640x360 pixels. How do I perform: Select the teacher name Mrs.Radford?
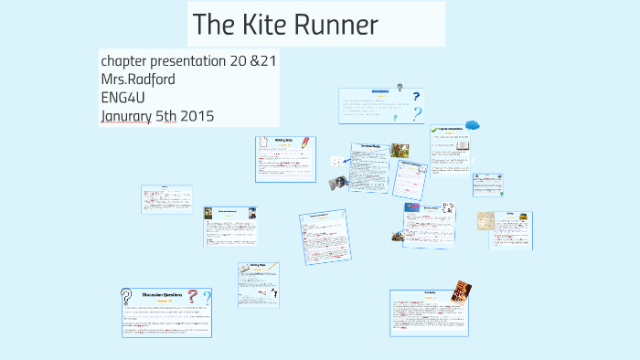tap(138, 79)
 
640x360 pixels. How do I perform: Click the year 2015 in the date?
tap(197, 116)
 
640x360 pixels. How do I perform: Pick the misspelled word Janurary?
tap(128, 116)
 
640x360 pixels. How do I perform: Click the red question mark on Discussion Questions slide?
tap(193, 295)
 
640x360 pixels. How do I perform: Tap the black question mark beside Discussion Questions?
tap(126, 296)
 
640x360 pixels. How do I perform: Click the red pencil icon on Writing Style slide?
tap(305, 143)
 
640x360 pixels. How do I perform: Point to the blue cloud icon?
tap(472, 125)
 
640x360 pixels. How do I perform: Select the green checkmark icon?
tap(435, 131)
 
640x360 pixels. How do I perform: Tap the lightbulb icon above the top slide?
tap(400, 87)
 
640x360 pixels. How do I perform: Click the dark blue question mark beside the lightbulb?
tap(416, 97)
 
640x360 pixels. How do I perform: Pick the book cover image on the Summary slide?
tap(462, 291)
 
